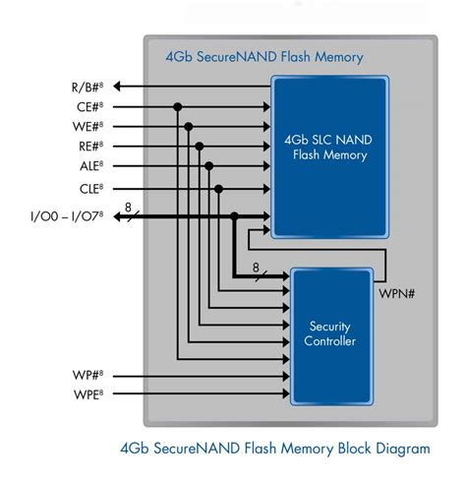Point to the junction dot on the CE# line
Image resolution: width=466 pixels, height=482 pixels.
[x=177, y=106]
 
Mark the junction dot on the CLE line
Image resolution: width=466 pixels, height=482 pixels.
[x=220, y=187]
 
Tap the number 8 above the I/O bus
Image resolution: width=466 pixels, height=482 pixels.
[x=128, y=207]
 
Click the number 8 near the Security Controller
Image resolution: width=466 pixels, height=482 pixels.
[x=256, y=267]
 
